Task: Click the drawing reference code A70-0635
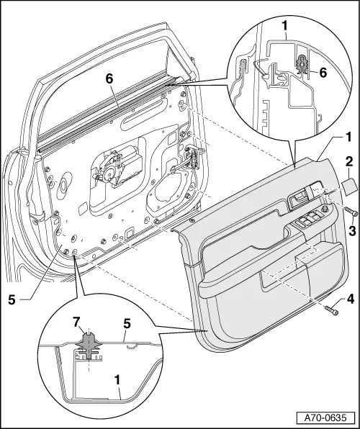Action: click(328, 417)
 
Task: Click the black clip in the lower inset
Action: click(88, 343)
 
